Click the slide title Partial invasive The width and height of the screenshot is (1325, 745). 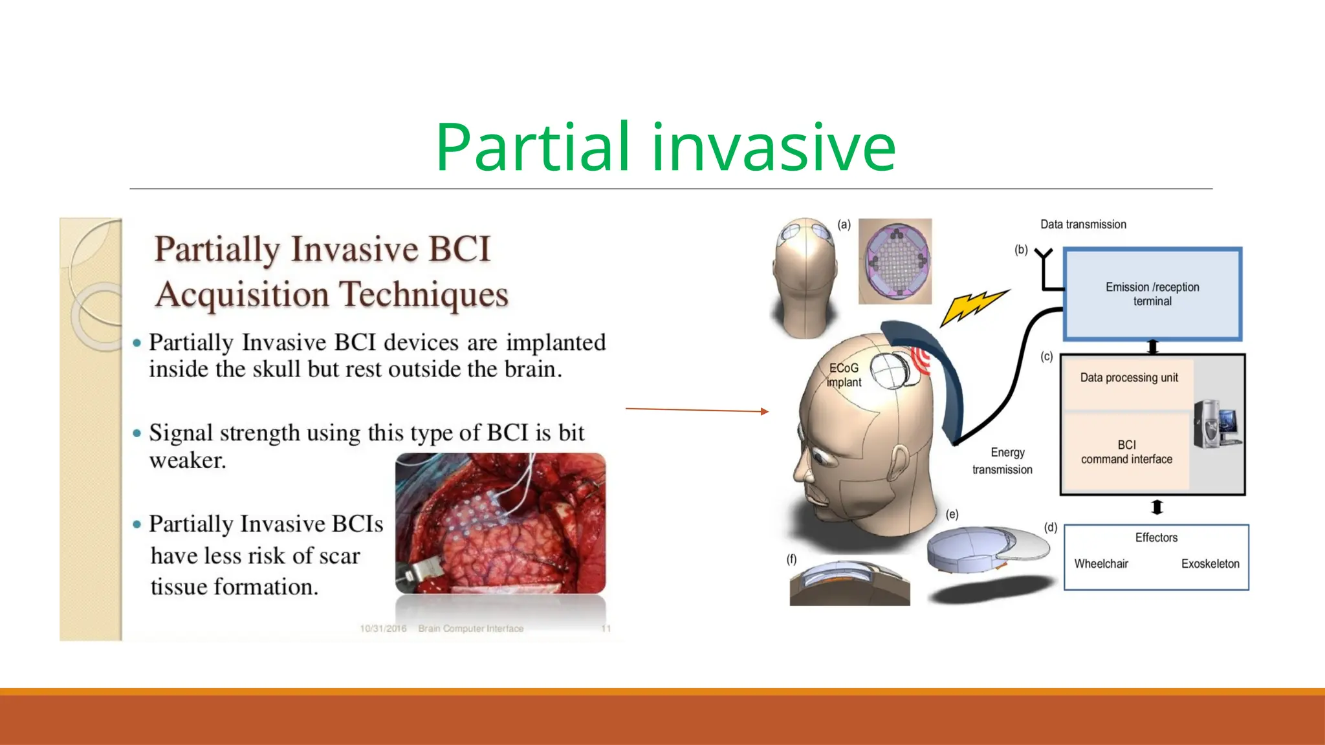point(665,147)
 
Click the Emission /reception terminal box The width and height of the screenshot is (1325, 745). point(1152,294)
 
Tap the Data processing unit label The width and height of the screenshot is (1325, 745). point(1129,378)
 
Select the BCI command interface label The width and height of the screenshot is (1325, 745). point(1126,452)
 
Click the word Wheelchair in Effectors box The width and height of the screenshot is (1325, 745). point(1101,564)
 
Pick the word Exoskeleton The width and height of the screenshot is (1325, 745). point(1210,564)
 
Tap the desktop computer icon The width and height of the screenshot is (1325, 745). point(1216,424)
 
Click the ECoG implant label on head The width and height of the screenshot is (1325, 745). point(844,375)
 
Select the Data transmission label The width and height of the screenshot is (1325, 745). point(1083,224)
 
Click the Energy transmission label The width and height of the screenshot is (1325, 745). point(1003,461)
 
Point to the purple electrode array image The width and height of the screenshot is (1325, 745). point(895,261)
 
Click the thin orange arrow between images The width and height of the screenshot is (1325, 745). point(696,410)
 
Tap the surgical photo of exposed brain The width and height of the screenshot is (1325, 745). point(500,523)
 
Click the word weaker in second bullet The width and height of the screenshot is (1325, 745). point(188,460)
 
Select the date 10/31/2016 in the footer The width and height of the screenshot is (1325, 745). point(383,629)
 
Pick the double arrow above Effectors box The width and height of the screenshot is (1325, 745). point(1157,508)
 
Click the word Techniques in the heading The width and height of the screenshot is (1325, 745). point(424,295)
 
